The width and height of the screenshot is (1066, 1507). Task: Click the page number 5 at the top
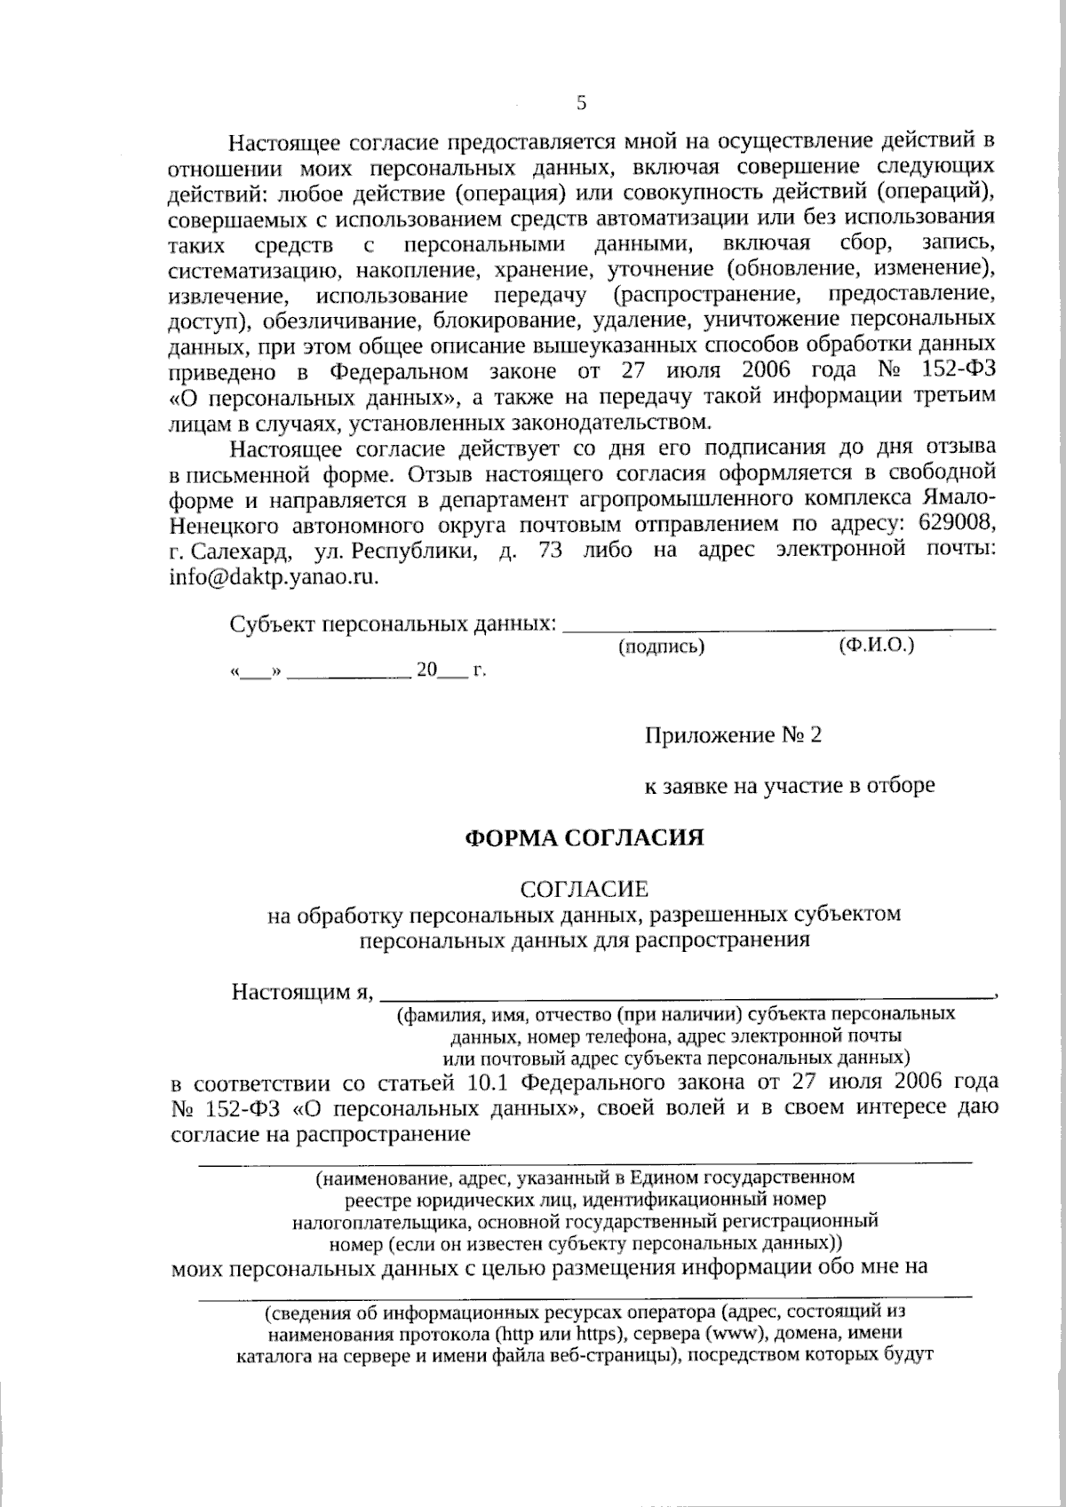[582, 103]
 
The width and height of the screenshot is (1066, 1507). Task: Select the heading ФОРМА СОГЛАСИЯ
[585, 837]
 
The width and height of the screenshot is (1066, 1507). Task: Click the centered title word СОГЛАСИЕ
[585, 888]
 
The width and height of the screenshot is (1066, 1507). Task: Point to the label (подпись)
[661, 647]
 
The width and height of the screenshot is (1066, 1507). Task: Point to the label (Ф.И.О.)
[876, 646]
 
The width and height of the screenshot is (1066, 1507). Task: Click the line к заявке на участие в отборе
[789, 785]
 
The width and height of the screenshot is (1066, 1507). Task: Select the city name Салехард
[241, 550]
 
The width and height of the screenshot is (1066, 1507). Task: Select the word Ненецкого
[225, 523]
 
